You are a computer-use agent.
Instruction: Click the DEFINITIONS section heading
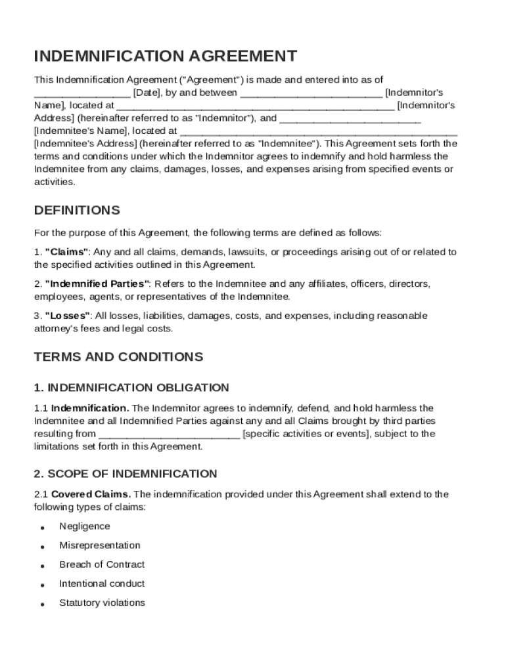point(77,211)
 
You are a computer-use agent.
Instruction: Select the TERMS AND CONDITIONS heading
point(118,357)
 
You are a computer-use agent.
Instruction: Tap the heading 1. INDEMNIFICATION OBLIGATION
point(131,388)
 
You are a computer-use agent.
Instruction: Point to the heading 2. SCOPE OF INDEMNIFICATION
point(126,474)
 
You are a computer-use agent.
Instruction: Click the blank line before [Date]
point(82,94)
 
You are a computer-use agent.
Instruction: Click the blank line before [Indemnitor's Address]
point(256,106)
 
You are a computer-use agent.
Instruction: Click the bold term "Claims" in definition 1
point(66,252)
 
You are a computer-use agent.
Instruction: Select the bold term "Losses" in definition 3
point(68,316)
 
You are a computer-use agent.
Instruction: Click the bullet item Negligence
point(85,526)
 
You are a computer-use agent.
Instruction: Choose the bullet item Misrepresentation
point(100,545)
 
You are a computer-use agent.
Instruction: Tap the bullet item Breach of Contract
point(102,564)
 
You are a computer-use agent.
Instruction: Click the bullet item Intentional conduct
point(102,583)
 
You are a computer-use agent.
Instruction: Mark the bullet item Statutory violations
point(102,602)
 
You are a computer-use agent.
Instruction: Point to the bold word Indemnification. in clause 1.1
point(90,408)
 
